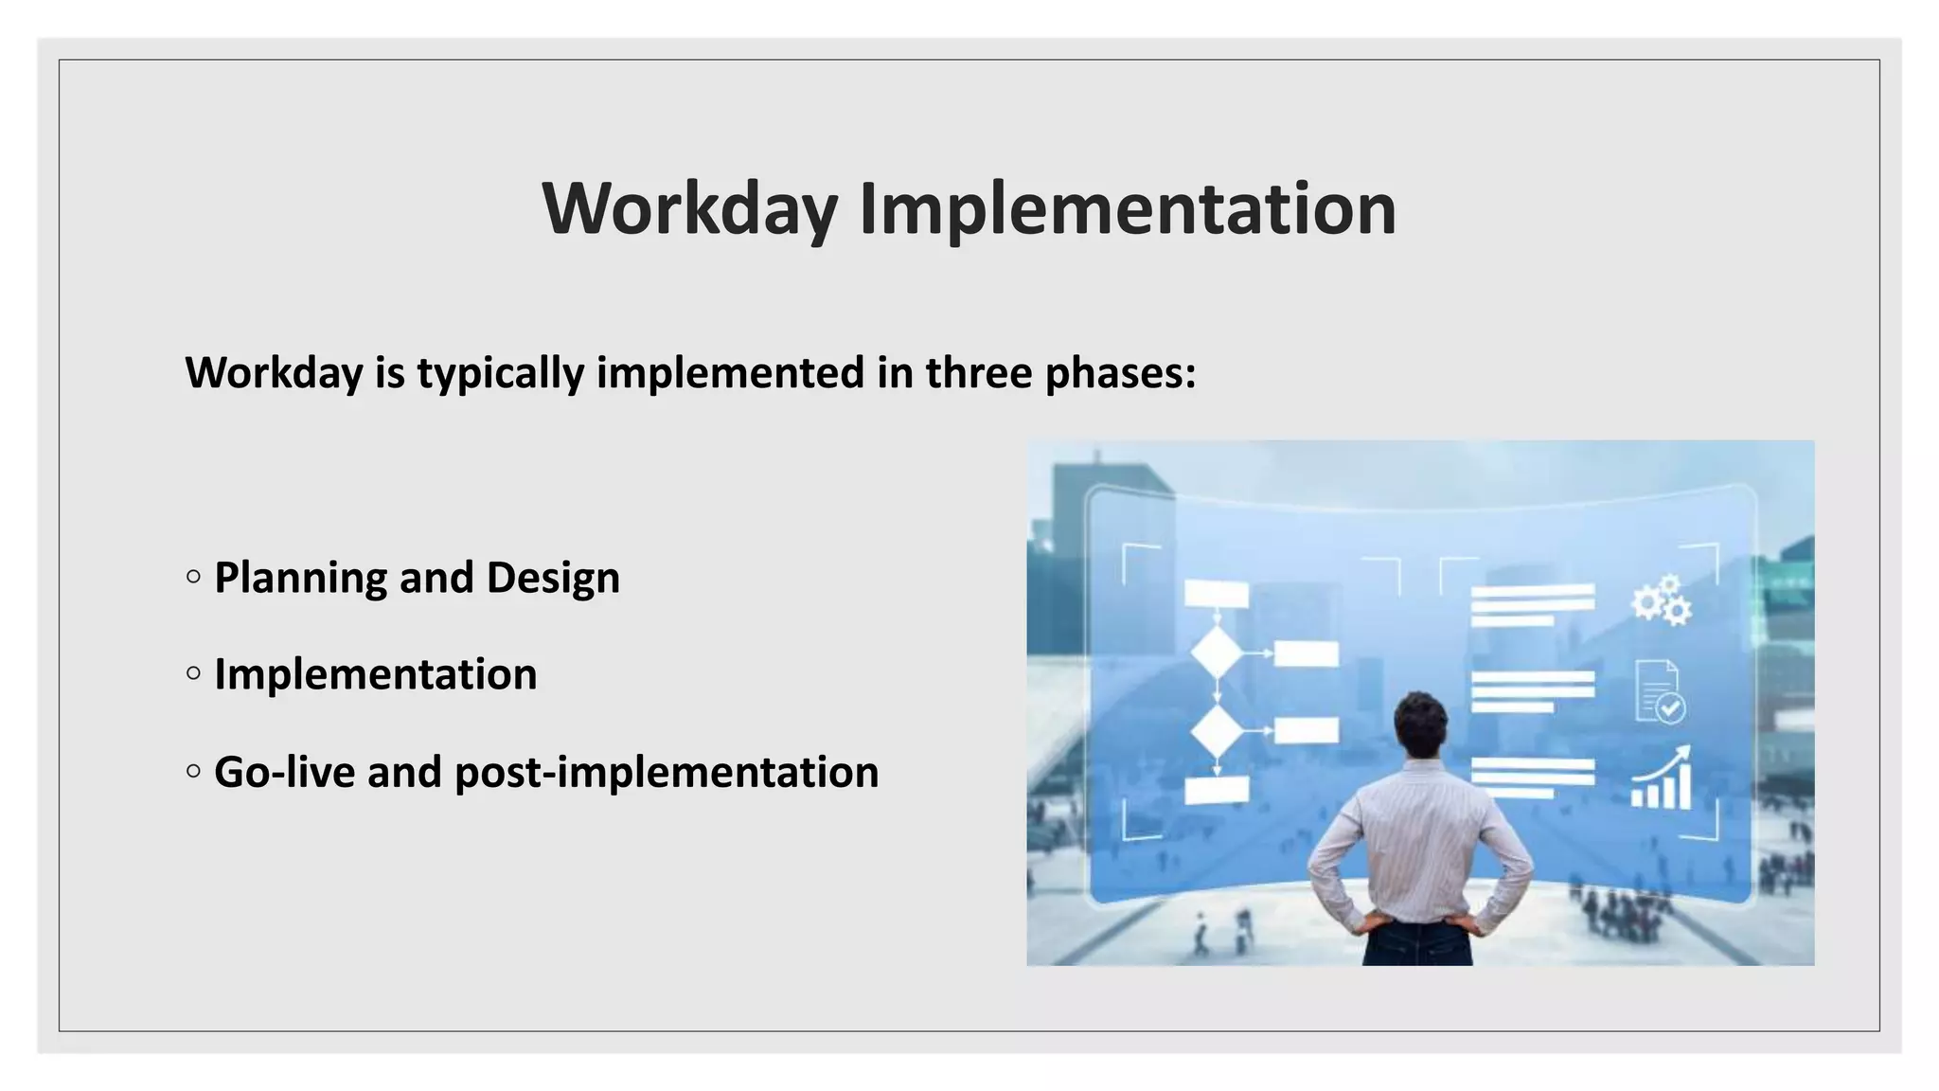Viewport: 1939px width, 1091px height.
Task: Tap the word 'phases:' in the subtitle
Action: pos(1121,372)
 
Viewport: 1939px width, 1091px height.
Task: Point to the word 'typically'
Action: pos(501,372)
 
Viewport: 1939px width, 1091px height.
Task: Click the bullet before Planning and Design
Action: pos(194,577)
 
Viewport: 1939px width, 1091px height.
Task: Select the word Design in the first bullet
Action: pos(553,578)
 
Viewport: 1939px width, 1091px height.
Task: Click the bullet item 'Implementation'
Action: pos(376,674)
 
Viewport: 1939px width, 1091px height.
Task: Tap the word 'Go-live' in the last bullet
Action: pos(284,772)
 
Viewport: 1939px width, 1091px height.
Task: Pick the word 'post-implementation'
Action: pos(667,772)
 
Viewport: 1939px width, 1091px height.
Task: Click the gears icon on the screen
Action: pos(1662,600)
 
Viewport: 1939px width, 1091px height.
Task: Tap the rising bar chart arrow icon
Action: pos(1662,779)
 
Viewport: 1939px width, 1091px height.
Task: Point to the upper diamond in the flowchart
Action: pos(1217,653)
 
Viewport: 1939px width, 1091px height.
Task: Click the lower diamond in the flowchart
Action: pos(1217,730)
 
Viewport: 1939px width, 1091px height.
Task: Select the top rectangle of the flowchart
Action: pos(1217,594)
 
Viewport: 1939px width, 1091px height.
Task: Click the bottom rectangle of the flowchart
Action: pos(1217,789)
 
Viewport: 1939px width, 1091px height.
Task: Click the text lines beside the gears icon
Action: pos(1532,605)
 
